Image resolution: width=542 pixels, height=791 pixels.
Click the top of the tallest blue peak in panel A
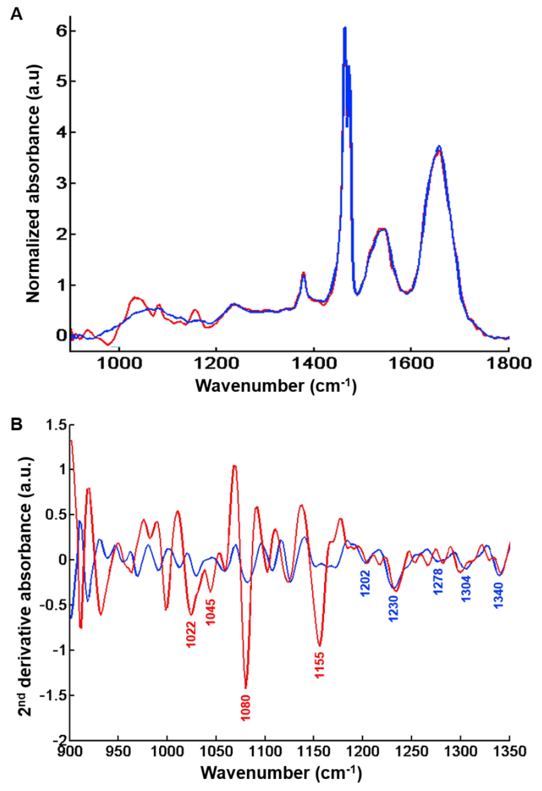click(345, 28)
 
